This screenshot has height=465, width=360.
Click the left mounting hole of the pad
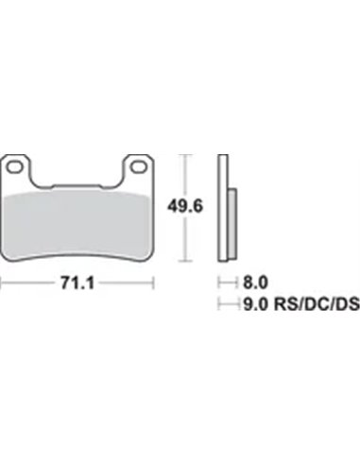click(15, 167)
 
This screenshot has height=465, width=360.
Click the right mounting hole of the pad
click(138, 167)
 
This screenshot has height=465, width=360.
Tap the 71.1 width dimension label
click(77, 283)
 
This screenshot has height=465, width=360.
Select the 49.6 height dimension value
click(185, 207)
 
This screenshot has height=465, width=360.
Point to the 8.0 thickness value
click(255, 283)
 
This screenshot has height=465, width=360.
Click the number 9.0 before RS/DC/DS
click(255, 304)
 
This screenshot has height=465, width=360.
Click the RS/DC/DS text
click(317, 304)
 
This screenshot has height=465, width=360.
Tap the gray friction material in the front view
click(76, 224)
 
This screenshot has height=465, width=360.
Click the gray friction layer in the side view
click(232, 224)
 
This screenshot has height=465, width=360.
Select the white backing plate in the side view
click(223, 208)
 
